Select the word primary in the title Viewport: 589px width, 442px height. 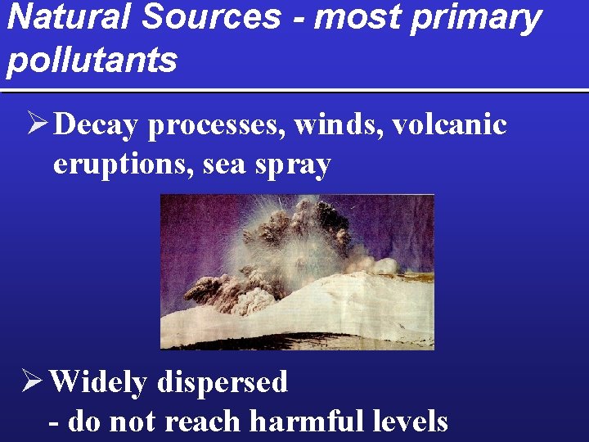click(474, 17)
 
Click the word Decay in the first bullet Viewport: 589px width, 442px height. click(98, 125)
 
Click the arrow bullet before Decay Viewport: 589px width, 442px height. click(37, 124)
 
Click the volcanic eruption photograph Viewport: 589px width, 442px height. click(297, 272)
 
